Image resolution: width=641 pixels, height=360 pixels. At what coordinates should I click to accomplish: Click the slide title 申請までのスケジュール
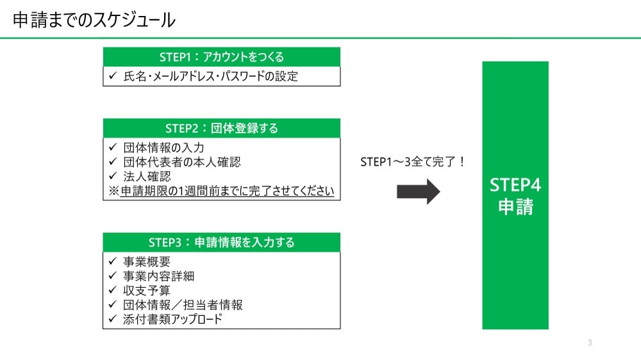click(94, 20)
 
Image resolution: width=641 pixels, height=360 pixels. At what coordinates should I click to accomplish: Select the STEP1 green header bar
click(221, 57)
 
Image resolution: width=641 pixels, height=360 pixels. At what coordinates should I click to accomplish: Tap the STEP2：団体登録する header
click(221, 128)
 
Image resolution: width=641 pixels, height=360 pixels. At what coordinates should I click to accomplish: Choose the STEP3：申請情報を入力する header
click(221, 242)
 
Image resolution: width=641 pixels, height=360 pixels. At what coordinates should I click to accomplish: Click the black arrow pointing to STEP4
click(419, 192)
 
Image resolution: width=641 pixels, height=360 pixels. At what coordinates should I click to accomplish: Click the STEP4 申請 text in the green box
click(515, 197)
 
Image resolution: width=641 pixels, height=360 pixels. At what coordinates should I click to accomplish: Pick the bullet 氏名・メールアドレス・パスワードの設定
click(211, 76)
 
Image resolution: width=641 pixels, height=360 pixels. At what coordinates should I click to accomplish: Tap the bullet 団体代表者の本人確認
click(182, 163)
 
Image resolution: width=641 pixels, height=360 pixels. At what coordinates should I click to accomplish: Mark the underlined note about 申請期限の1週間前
click(222, 191)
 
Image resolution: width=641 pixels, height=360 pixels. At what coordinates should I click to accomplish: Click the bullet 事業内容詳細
click(158, 276)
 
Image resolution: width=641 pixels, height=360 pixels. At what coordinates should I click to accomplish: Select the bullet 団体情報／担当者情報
click(183, 305)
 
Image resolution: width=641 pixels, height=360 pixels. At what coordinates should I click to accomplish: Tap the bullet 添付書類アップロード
click(172, 319)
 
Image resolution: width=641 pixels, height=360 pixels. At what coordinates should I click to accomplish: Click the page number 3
click(590, 343)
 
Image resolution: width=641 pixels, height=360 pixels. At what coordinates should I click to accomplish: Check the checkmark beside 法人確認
click(112, 177)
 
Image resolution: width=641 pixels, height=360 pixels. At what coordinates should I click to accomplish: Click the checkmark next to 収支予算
click(112, 290)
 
